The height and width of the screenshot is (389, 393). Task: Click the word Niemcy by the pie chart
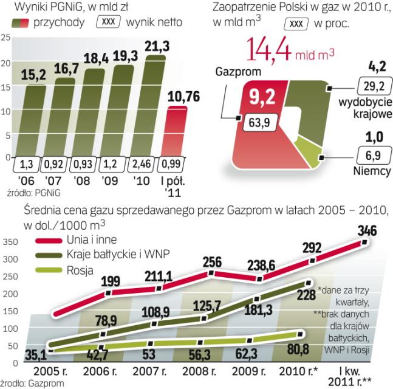(x=371, y=172)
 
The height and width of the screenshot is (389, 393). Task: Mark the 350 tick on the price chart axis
(x=10, y=242)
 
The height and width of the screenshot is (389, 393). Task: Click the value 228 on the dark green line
(x=306, y=295)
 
